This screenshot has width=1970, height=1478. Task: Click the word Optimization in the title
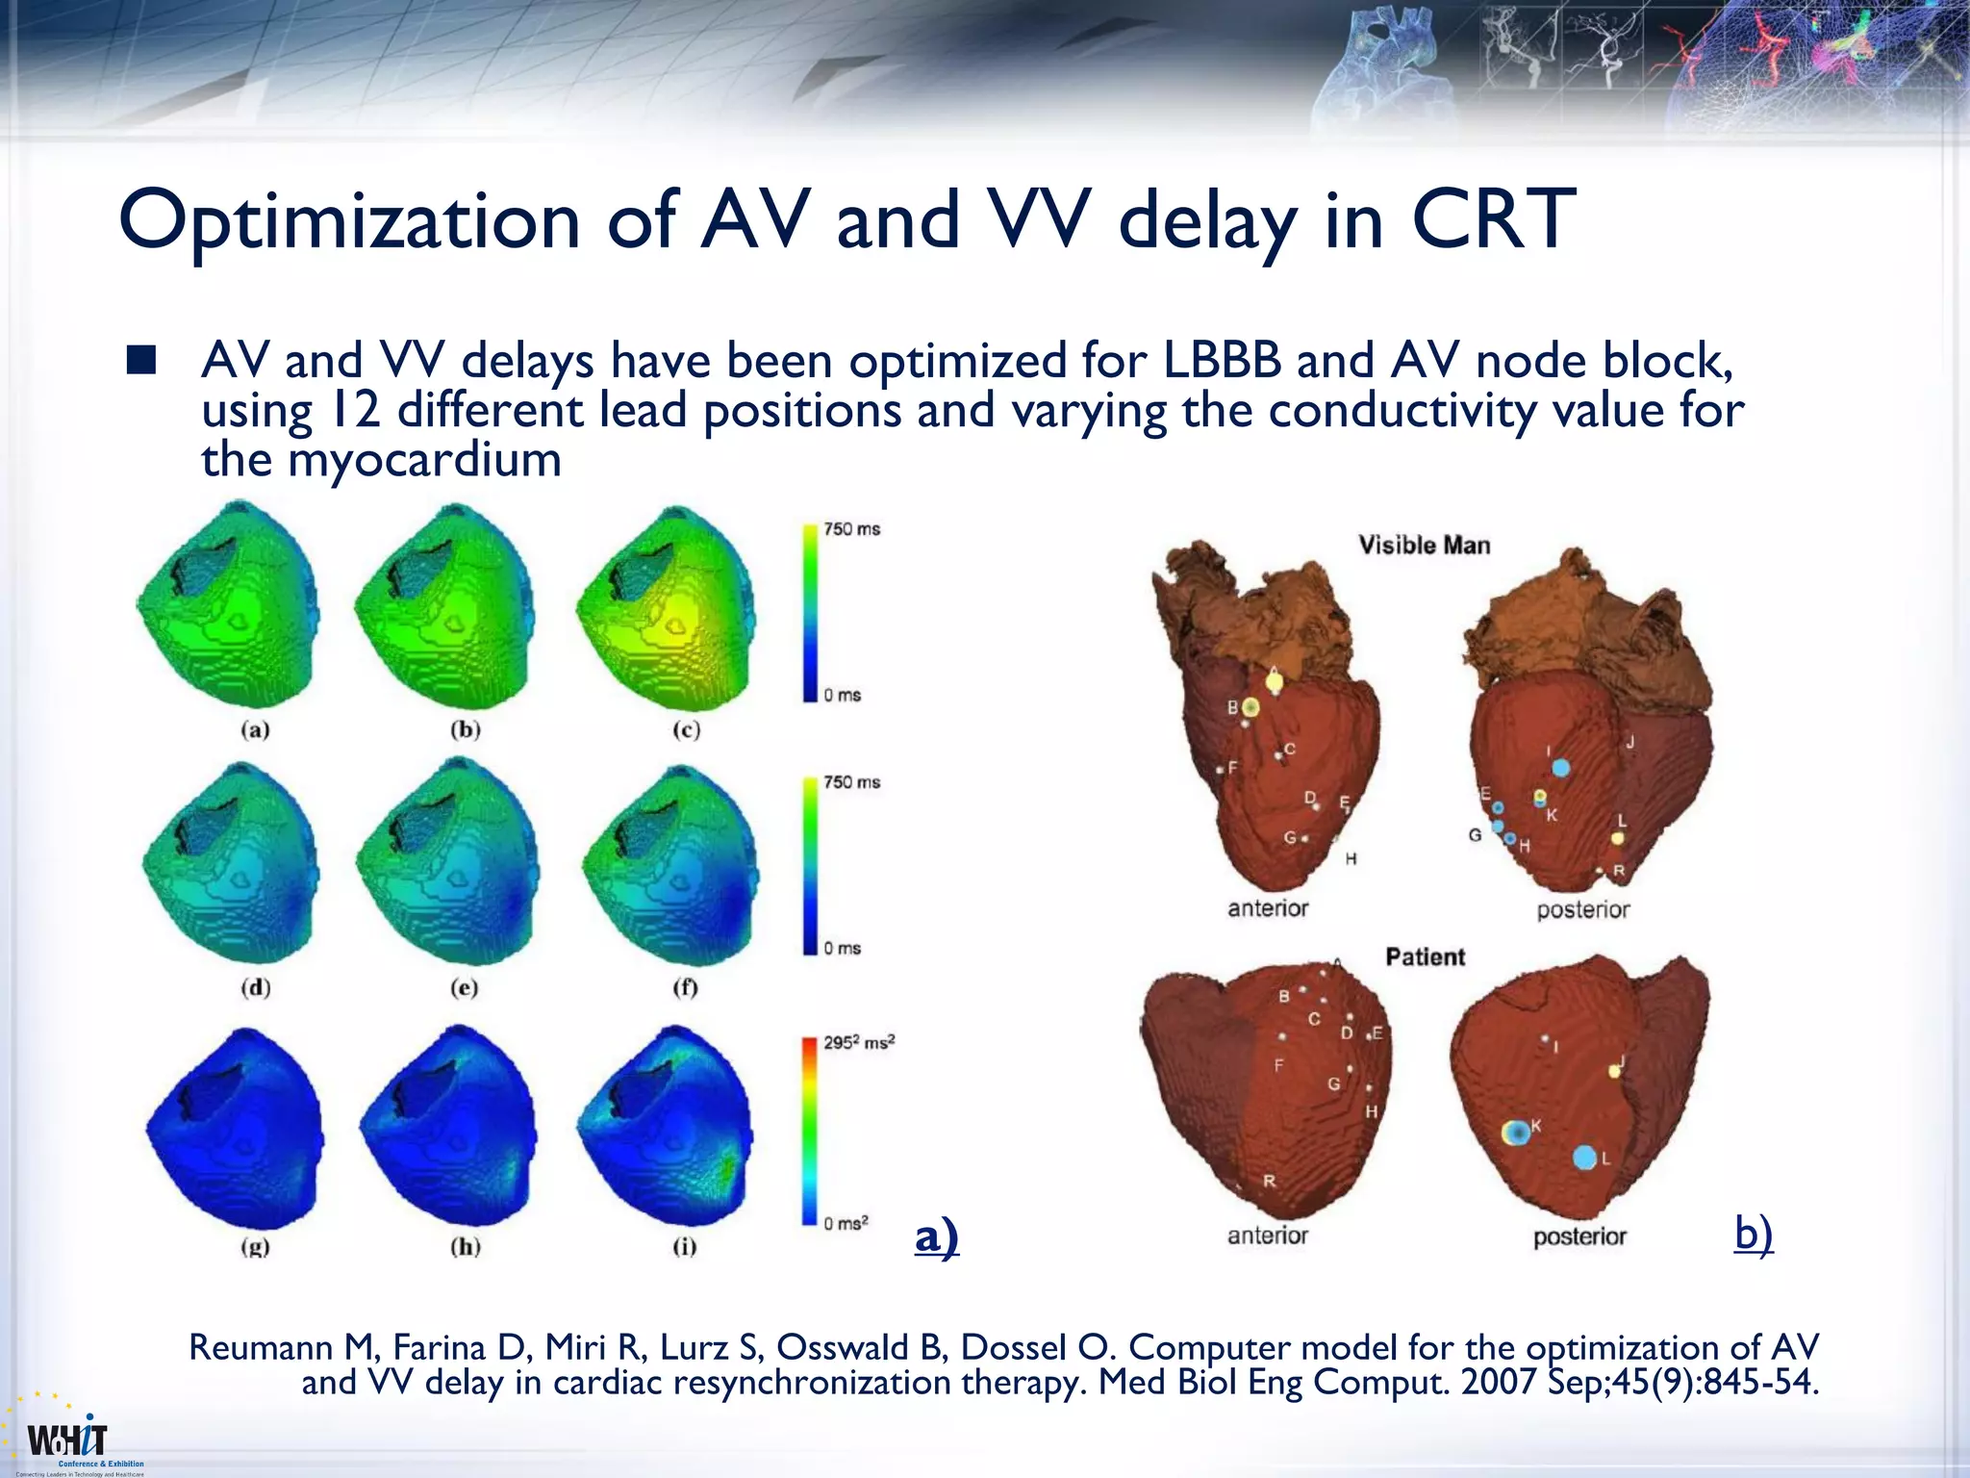348,221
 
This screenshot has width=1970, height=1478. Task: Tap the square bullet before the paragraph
140,361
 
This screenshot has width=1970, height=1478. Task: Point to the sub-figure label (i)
684,1247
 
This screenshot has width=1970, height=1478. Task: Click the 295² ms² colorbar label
858,1042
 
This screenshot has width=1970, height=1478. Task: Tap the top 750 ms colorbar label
851,529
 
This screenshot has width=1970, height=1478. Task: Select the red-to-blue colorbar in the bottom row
809,1131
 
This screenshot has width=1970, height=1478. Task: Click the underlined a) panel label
936,1236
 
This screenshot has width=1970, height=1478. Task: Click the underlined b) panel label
1753,1234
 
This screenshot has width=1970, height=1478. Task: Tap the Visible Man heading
1424,546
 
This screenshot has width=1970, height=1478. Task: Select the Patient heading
1425,957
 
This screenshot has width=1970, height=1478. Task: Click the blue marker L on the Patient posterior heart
1584,1158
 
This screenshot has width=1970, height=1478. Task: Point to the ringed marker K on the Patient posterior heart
1516,1134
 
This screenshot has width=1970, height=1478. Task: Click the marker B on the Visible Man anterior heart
1250,708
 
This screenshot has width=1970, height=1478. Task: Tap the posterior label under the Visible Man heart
1582,910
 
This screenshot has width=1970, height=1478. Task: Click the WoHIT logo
67,1440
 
